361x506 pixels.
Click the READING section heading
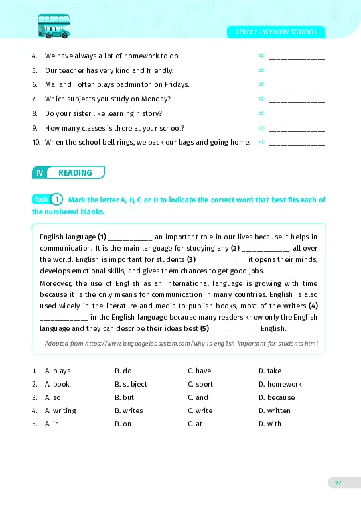(x=75, y=173)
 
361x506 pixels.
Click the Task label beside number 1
(x=41, y=199)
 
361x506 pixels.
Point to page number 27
(x=338, y=483)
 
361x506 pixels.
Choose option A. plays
(x=57, y=371)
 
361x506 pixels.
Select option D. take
(x=270, y=371)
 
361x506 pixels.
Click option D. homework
(x=280, y=384)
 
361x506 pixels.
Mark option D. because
(x=277, y=397)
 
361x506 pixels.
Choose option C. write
(x=200, y=411)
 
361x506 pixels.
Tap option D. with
(x=270, y=424)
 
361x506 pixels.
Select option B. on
(x=123, y=424)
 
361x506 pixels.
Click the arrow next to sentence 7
(x=261, y=99)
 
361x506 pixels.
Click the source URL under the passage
(x=180, y=343)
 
